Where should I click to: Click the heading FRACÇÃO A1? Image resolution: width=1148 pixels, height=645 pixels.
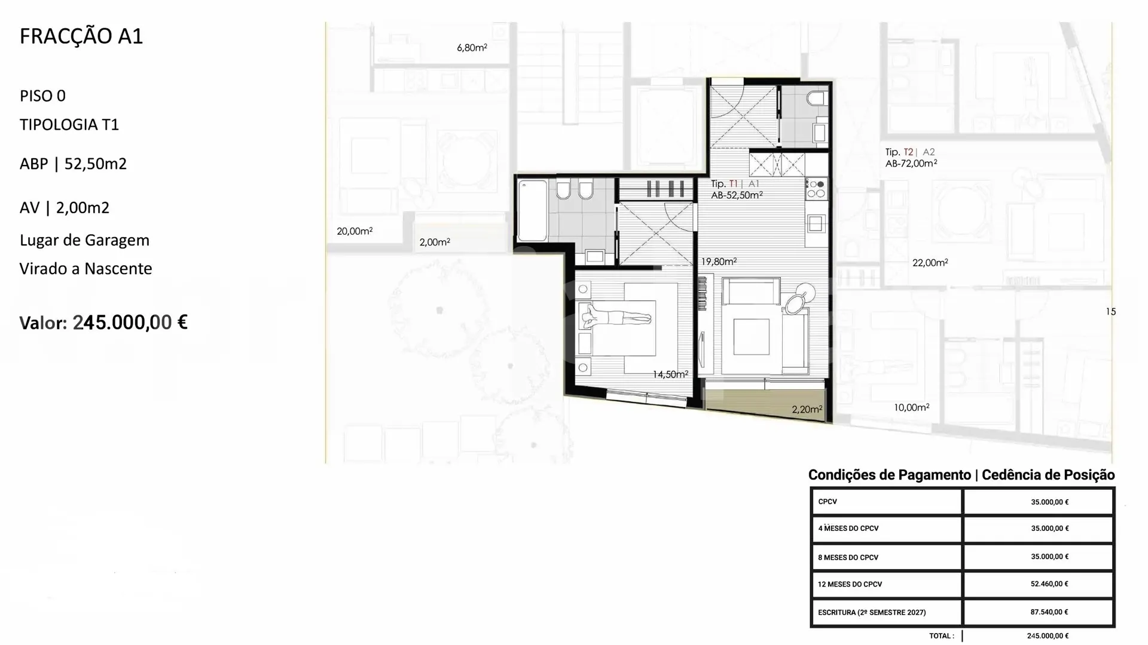(x=81, y=36)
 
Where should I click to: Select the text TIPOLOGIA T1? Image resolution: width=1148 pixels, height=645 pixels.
(x=69, y=125)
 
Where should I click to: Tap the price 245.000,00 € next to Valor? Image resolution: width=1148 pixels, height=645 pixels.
(x=130, y=322)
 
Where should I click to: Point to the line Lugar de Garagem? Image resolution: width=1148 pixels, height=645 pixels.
(x=84, y=240)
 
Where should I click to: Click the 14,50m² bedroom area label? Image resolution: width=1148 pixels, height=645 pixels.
(x=670, y=374)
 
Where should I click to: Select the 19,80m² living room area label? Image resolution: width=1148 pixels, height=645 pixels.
(x=719, y=262)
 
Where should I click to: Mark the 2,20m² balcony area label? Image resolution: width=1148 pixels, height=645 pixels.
(x=807, y=409)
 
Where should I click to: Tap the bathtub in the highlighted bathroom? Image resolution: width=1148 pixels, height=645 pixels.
(x=532, y=211)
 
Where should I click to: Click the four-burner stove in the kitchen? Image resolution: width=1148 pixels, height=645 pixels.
(x=816, y=189)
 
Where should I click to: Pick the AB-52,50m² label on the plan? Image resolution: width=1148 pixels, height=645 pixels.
(x=737, y=195)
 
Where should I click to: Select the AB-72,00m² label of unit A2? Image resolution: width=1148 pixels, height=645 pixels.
(x=911, y=163)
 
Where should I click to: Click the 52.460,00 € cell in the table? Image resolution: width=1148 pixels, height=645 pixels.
(x=1049, y=584)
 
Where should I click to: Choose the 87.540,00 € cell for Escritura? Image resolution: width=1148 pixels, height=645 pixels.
(x=1049, y=612)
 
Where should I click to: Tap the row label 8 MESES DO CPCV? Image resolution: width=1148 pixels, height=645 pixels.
(x=848, y=557)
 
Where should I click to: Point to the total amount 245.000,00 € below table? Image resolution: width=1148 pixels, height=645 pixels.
(x=1048, y=636)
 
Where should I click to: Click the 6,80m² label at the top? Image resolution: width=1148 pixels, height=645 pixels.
(x=472, y=48)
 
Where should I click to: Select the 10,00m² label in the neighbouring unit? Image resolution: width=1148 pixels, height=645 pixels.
(x=911, y=408)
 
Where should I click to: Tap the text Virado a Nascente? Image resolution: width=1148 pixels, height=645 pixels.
(x=86, y=269)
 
